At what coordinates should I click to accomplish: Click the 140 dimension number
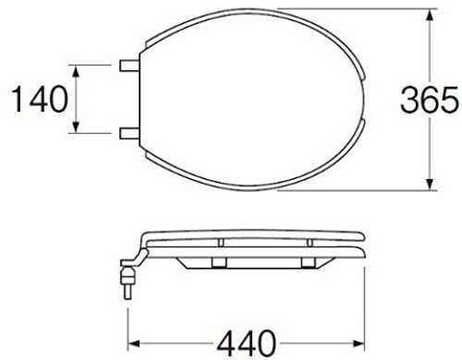click(x=40, y=99)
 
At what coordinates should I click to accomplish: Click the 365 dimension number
click(x=429, y=99)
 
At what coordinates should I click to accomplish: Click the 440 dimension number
click(x=246, y=342)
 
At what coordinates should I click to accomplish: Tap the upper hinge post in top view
click(x=129, y=66)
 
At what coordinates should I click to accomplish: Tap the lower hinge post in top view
click(x=129, y=133)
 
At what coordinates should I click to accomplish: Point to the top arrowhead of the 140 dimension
click(x=77, y=72)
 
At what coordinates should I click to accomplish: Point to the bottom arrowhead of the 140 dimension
click(x=77, y=126)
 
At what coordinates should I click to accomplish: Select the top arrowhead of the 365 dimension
click(x=431, y=16)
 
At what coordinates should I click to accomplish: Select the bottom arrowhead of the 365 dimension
click(x=431, y=184)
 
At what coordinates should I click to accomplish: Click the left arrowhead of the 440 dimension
click(x=134, y=343)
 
